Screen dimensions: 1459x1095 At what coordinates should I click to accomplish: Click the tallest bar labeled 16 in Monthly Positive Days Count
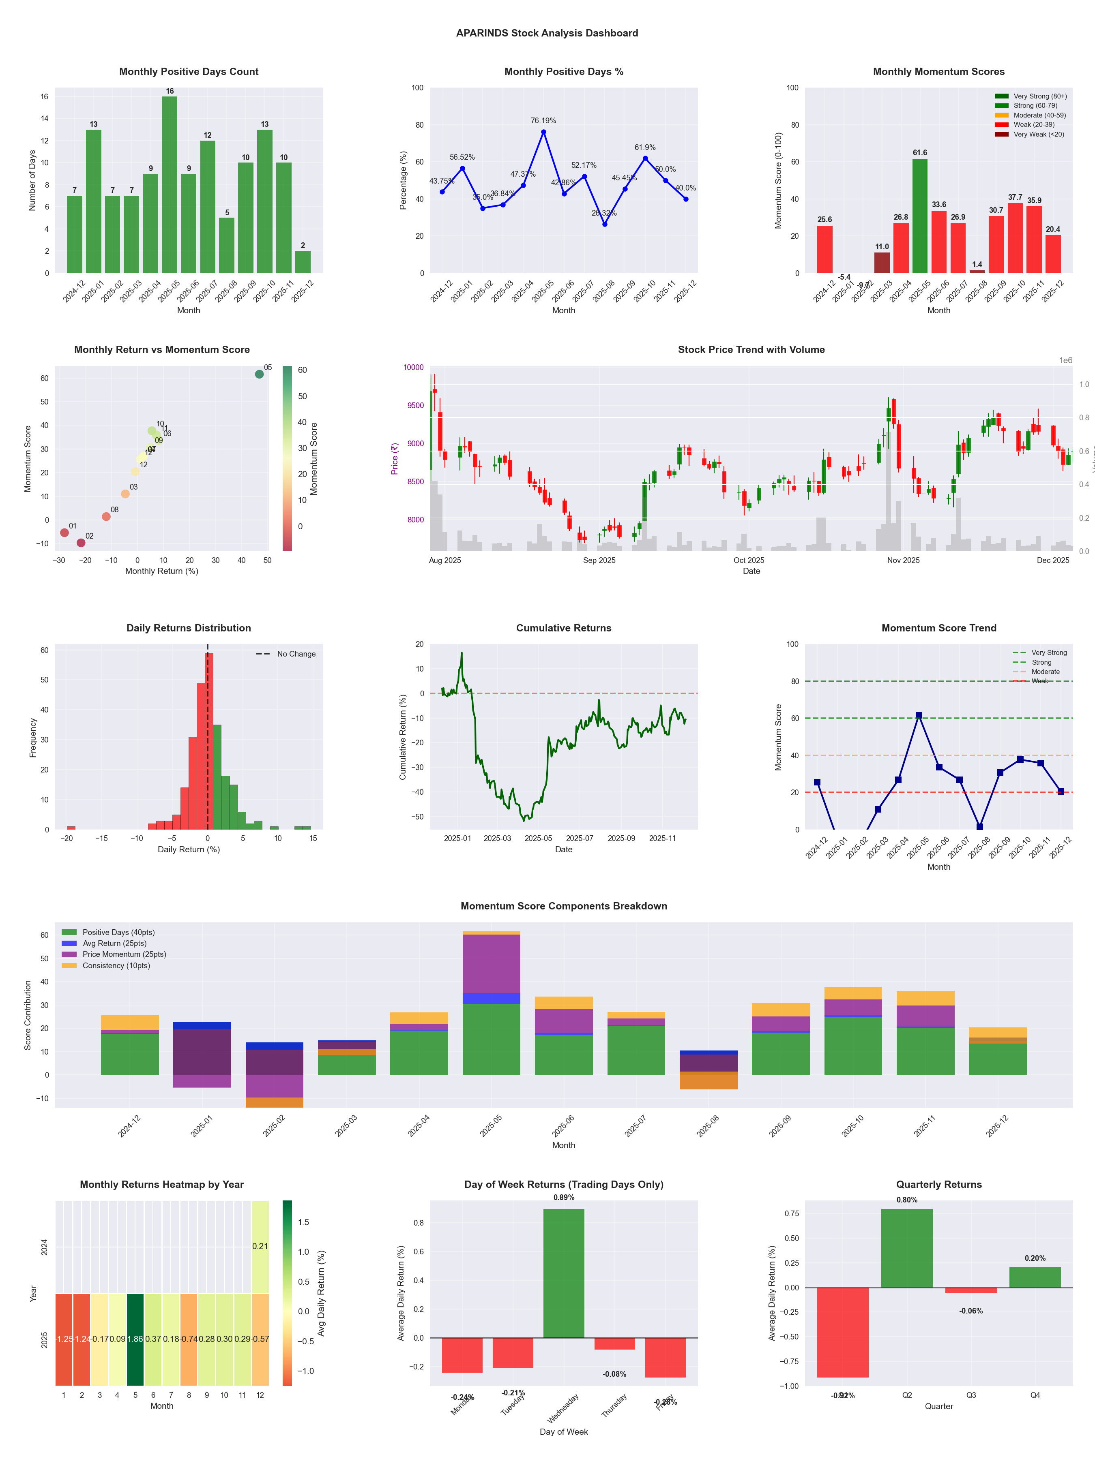coord(170,185)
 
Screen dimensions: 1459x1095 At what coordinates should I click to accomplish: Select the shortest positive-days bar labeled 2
coord(303,262)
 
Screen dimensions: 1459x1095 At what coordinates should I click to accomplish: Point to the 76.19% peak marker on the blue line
coord(543,132)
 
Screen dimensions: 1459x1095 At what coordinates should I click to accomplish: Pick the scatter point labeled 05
coord(260,374)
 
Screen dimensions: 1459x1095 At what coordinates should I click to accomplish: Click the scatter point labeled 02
coord(81,543)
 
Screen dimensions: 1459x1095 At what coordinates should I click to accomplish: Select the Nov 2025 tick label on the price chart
coord(903,560)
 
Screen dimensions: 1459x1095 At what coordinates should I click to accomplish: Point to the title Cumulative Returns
coord(564,628)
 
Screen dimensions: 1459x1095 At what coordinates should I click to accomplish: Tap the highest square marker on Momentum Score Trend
coord(919,716)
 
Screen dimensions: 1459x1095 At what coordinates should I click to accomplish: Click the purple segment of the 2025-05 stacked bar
coord(491,964)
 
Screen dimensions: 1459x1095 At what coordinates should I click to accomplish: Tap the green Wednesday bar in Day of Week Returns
coord(564,1273)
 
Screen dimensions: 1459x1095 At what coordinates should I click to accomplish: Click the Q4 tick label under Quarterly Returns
coord(1035,1395)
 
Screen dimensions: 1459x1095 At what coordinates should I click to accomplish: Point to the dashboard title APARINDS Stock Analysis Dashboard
coord(547,33)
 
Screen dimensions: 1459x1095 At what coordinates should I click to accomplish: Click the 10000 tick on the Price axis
coord(413,368)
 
